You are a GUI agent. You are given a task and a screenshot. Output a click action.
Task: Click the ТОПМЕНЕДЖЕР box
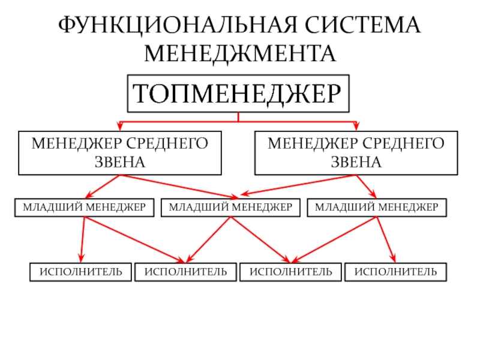tap(237, 94)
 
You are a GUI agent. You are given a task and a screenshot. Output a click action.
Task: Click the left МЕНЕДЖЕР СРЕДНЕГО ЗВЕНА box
tap(119, 152)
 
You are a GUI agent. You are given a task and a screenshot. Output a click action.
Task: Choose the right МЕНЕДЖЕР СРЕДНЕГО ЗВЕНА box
tap(356, 152)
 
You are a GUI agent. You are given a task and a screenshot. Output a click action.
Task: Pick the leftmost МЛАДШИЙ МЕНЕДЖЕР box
tap(84, 208)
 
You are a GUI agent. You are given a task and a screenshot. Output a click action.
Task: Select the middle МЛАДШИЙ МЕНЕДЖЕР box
tap(230, 208)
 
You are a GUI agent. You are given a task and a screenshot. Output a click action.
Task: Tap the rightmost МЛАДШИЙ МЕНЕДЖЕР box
tap(377, 208)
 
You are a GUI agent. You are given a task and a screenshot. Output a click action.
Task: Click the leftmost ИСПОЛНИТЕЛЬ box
tap(81, 272)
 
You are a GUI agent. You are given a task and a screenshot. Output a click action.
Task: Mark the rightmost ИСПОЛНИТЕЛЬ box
tap(395, 272)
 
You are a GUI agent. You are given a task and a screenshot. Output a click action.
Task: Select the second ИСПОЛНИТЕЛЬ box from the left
tap(185, 272)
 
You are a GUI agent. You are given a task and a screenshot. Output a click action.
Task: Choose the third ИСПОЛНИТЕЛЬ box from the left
tap(290, 272)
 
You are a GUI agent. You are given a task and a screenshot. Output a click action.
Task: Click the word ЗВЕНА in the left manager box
tap(119, 163)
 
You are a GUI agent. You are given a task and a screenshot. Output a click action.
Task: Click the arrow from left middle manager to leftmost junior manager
tap(103, 186)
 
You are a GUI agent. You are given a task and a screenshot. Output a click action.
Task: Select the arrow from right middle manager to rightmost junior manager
tap(367, 186)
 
